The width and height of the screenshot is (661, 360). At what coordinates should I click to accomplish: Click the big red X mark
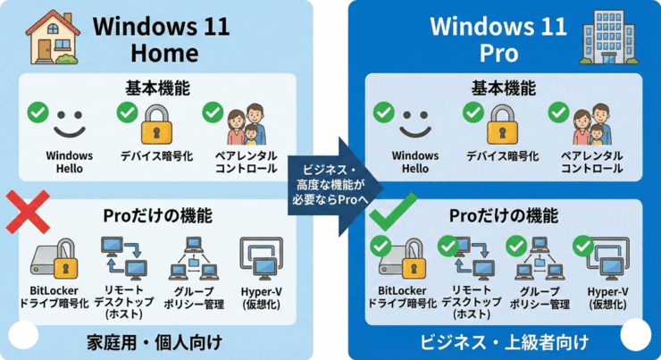pyautogui.click(x=29, y=214)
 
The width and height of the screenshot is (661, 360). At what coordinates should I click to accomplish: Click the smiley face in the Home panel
pyautogui.click(x=70, y=123)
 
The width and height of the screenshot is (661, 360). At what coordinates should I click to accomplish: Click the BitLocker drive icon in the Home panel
pyautogui.click(x=55, y=260)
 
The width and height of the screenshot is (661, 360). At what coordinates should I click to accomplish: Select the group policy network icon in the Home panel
pyautogui.click(x=190, y=258)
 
